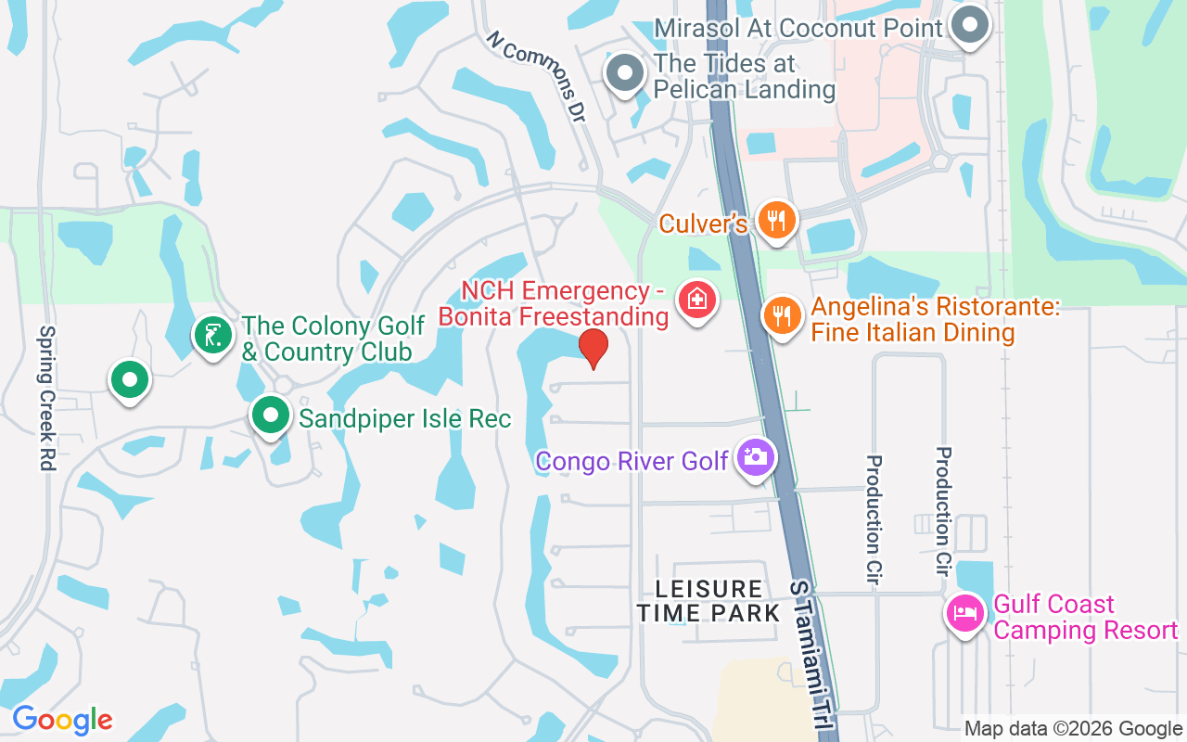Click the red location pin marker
[593, 347]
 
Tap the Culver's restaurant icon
[777, 220]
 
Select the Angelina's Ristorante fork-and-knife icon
[783, 315]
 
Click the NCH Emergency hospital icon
[696, 300]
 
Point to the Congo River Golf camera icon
[756, 456]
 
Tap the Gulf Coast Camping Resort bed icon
[964, 614]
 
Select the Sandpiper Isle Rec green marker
[270, 415]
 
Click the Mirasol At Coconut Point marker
[970, 23]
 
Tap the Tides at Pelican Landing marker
[624, 72]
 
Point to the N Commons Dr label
[537, 78]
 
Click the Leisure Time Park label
[708, 600]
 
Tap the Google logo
[62, 719]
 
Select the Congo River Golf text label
[632, 460]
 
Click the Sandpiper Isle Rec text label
[404, 418]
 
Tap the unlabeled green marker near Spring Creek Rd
[129, 379]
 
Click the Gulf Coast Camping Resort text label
[1085, 618]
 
